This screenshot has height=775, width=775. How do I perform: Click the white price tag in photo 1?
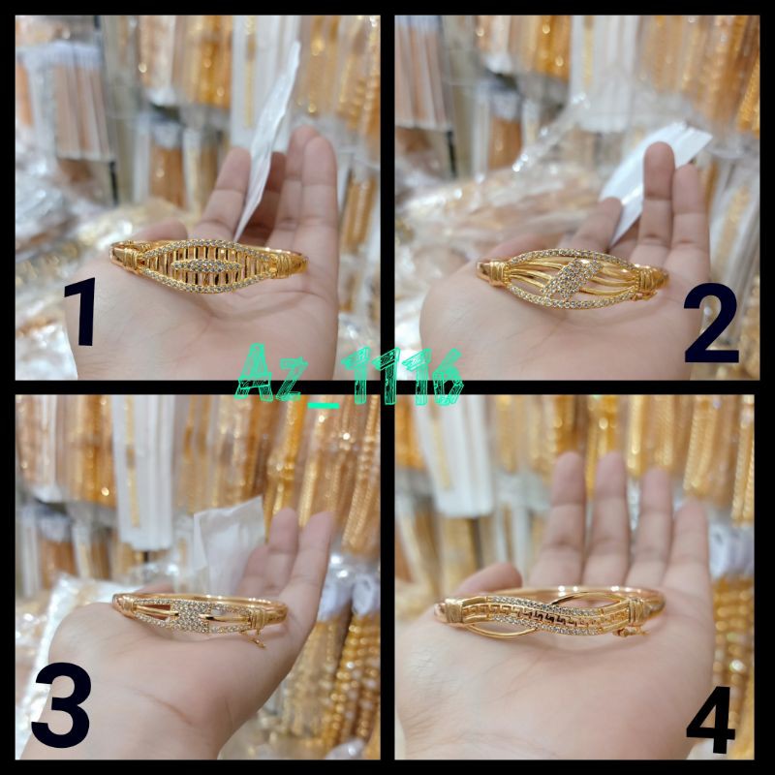tap(266, 155)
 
